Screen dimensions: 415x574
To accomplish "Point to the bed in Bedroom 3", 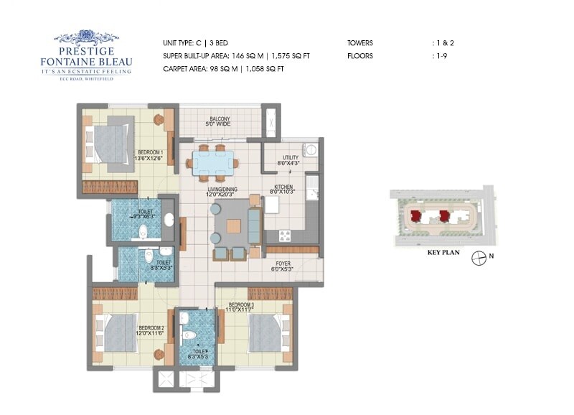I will coord(266,332).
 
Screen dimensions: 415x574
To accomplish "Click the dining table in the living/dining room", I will coord(212,163).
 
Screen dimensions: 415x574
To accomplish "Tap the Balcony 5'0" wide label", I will coord(220,122).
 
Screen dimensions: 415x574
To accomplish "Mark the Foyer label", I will coord(282,266).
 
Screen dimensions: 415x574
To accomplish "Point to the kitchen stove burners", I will coord(283,235).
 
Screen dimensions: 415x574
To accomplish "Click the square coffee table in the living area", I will coord(234,225).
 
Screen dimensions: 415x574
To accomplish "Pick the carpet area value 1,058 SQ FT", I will coord(263,68).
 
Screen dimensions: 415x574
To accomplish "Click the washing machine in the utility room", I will coord(310,150).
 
